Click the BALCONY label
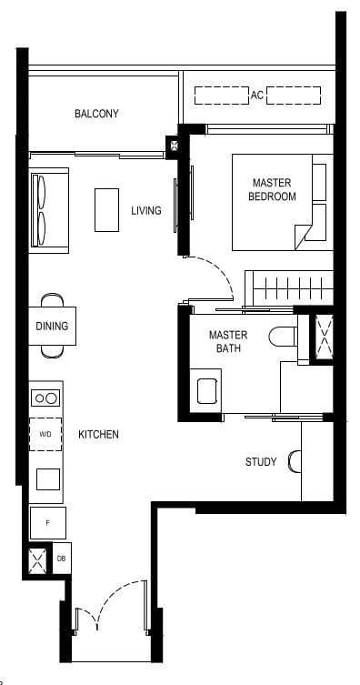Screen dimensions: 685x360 click(x=96, y=114)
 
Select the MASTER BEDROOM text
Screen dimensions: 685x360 click(x=273, y=190)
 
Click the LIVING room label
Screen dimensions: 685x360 click(x=145, y=211)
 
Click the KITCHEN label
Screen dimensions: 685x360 click(x=98, y=436)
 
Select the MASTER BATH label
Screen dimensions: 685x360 click(x=227, y=341)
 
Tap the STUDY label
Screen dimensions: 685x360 click(x=261, y=462)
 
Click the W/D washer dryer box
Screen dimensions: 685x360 click(x=45, y=434)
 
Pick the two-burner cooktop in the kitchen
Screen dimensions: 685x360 click(x=45, y=398)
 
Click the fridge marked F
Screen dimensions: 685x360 click(x=47, y=523)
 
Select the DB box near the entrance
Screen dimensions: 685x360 click(x=61, y=559)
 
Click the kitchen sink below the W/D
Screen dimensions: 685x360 click(x=47, y=478)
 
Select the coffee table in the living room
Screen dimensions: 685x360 click(x=108, y=210)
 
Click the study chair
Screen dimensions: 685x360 click(x=294, y=461)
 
